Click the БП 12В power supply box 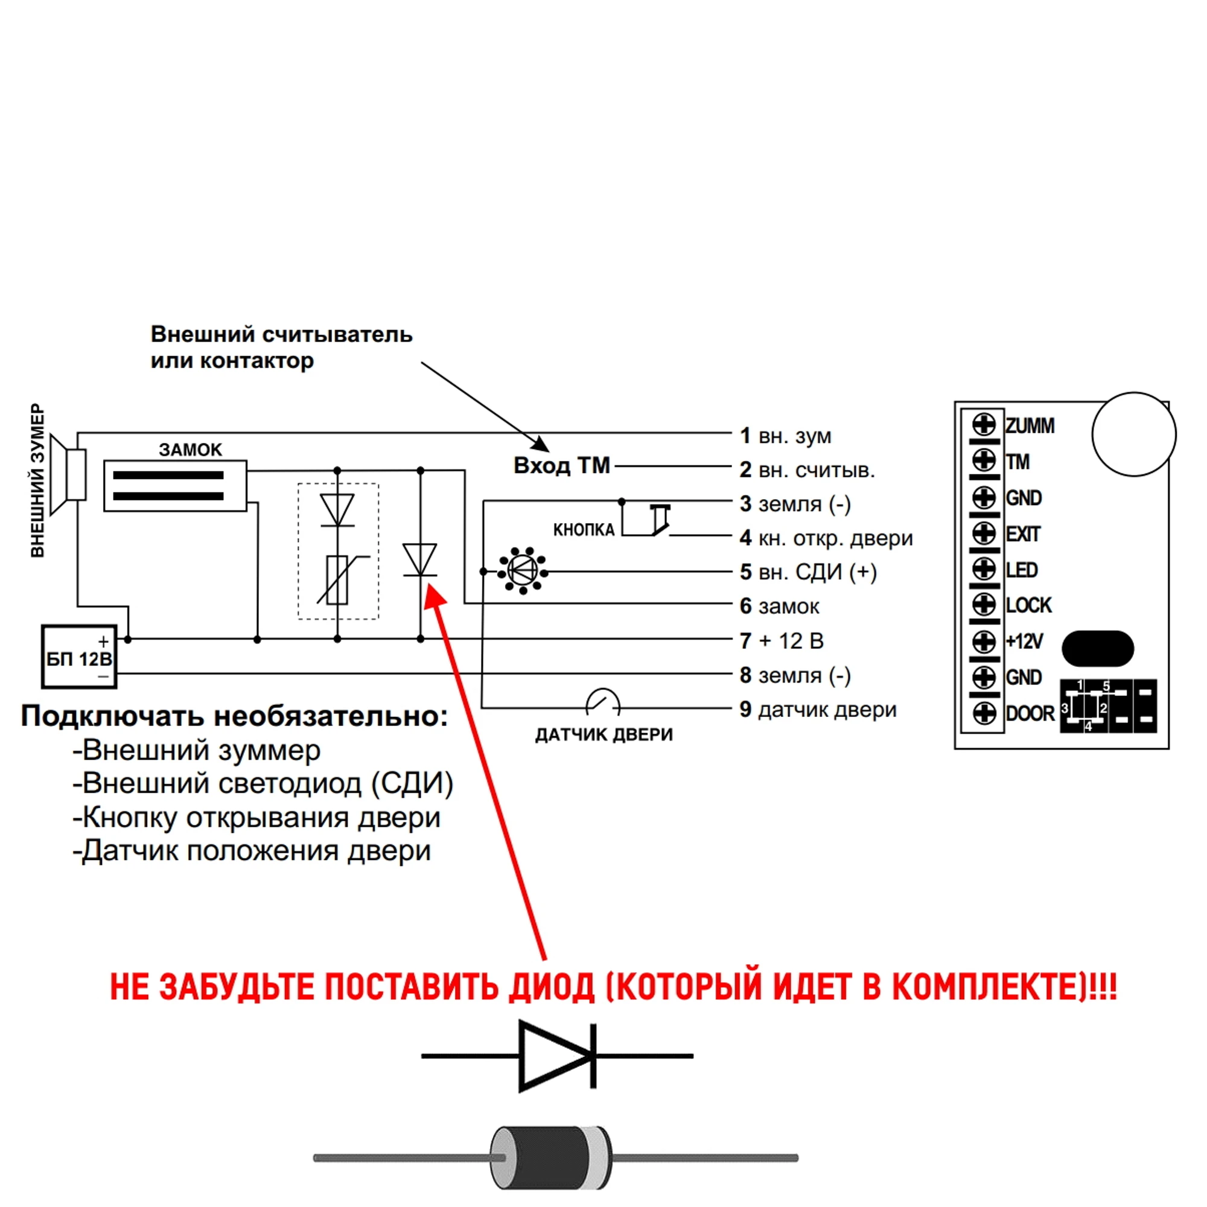(x=78, y=657)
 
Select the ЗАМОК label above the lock (x=190, y=450)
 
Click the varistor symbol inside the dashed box (x=337, y=579)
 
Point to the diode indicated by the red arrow (x=420, y=560)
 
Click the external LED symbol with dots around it (x=522, y=571)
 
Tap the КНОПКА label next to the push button (x=584, y=530)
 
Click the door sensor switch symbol (x=603, y=702)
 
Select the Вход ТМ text (x=561, y=465)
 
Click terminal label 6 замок (x=779, y=606)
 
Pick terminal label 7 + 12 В (x=781, y=640)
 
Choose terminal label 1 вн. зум (x=785, y=436)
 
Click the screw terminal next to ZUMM (x=984, y=425)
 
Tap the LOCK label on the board (x=1028, y=605)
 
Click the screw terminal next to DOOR (x=984, y=713)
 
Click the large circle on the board (x=1133, y=434)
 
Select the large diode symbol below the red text (x=556, y=1056)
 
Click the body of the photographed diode (x=550, y=1158)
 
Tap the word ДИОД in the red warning (x=551, y=988)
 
